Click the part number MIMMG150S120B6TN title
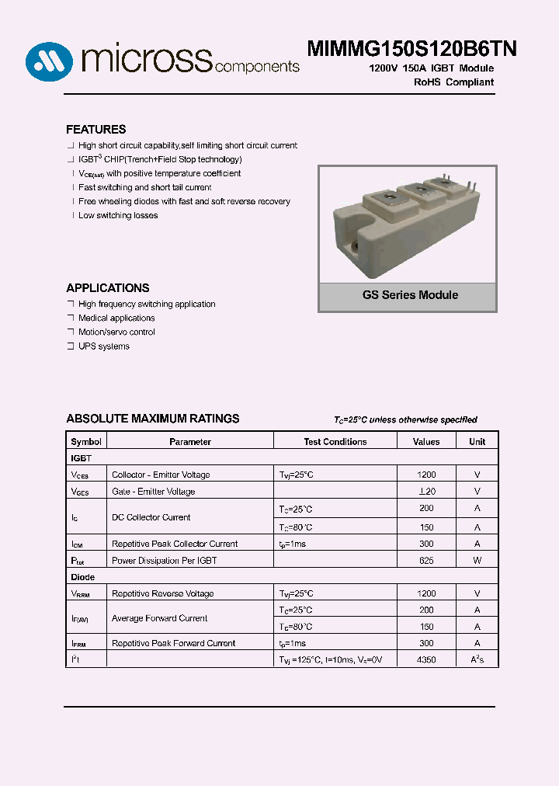[412, 48]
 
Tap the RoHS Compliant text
[453, 82]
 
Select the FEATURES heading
[95, 130]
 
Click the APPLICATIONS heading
[108, 288]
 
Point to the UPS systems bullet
[103, 346]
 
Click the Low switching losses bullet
[117, 216]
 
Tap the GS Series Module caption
[410, 295]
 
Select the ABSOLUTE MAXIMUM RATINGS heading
[153, 419]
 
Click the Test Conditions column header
[335, 442]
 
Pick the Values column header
[426, 442]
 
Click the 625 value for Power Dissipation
[426, 561]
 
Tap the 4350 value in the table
[426, 659]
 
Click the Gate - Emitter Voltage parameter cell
[154, 492]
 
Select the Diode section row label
[83, 577]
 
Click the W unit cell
[477, 561]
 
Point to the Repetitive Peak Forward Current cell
[173, 643]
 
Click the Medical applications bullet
[116, 318]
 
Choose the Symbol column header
[86, 442]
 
